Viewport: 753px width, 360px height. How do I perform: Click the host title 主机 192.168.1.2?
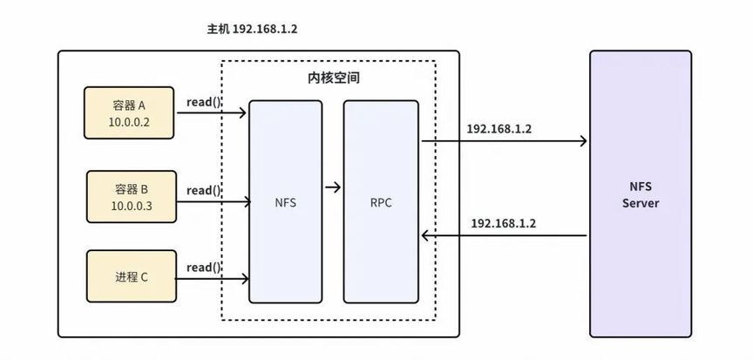252,30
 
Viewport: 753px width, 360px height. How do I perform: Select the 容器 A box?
129,112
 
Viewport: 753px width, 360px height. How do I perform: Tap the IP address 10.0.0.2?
129,122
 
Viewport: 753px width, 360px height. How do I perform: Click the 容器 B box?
132,197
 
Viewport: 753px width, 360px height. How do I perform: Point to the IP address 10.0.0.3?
132,206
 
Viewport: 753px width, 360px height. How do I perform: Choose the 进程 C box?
132,276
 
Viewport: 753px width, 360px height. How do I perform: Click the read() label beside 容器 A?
204,102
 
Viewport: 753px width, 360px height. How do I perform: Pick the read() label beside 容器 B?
204,191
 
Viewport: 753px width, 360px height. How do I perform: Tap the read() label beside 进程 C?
204,268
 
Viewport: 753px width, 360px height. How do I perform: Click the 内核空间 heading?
333,78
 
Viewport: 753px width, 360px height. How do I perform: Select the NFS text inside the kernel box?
285,202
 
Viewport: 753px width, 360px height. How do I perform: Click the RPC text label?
381,202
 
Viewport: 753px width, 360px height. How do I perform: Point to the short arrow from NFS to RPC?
333,187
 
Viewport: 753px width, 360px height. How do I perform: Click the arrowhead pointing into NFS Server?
583,141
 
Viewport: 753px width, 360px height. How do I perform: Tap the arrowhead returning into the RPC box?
425,235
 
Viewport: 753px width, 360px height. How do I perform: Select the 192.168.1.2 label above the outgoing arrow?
499,129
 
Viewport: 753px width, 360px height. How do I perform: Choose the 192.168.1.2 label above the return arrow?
503,223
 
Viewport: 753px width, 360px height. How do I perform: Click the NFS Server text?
641,194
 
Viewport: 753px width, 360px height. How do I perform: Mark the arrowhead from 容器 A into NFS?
242,113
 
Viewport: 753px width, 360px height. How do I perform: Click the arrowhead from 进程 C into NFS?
245,278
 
